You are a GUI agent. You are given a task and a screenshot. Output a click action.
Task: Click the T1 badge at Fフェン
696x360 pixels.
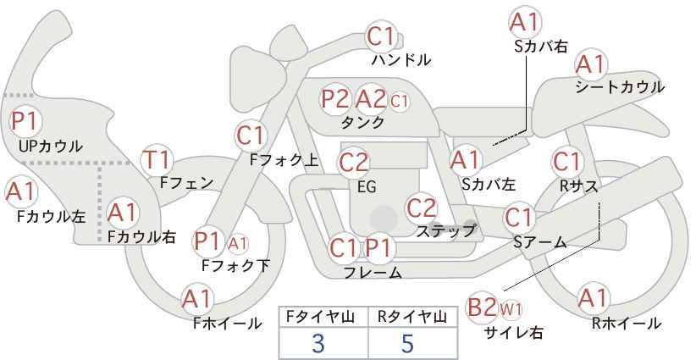click(x=157, y=160)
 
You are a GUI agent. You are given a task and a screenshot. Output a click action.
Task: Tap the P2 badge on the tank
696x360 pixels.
click(x=335, y=99)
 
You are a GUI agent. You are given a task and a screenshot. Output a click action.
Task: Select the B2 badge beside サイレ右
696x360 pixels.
click(x=482, y=307)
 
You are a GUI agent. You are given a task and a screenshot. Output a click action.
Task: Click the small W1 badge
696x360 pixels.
click(x=511, y=309)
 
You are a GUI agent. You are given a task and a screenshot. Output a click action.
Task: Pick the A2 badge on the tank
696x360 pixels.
click(x=371, y=99)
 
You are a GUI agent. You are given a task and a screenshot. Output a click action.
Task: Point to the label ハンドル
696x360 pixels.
click(x=401, y=59)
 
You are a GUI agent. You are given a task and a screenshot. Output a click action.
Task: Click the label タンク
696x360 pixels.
click(x=362, y=122)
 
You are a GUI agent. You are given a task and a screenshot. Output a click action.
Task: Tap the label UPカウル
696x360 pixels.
click(x=51, y=146)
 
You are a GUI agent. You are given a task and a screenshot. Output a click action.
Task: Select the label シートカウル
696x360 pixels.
click(x=620, y=86)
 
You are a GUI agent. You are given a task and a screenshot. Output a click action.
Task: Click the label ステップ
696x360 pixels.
click(x=445, y=231)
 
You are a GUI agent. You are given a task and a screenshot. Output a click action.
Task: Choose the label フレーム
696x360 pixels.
click(x=373, y=273)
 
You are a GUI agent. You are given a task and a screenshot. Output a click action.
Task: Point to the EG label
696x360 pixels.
click(x=367, y=187)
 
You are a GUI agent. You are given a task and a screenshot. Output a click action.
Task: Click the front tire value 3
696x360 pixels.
click(x=318, y=344)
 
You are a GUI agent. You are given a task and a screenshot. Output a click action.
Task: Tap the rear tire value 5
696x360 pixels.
click(x=407, y=344)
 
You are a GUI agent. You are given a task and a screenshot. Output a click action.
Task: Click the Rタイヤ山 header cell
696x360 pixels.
click(x=412, y=317)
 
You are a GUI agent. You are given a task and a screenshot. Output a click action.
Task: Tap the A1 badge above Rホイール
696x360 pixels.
click(x=593, y=298)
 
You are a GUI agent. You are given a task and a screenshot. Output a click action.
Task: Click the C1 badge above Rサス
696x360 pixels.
click(x=566, y=162)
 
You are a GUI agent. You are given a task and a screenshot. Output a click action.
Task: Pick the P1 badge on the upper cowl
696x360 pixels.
click(x=25, y=120)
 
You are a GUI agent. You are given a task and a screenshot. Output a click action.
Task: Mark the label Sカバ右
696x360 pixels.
click(x=541, y=47)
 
